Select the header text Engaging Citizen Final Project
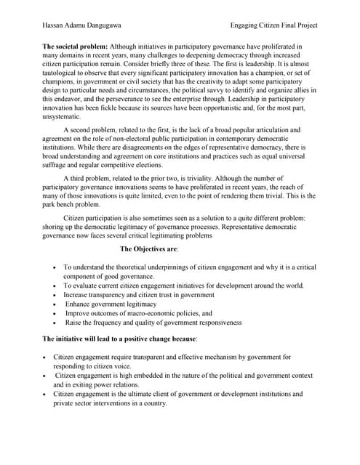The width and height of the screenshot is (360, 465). (x=273, y=25)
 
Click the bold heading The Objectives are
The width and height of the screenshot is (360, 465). (x=149, y=249)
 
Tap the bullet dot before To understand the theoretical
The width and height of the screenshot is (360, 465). (x=56, y=268)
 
